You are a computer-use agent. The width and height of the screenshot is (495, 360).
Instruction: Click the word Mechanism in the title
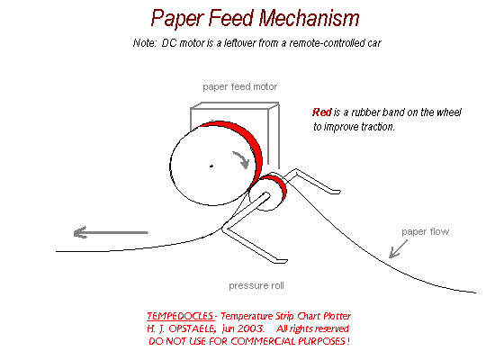(309, 18)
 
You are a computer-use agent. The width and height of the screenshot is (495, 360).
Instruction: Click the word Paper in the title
(177, 19)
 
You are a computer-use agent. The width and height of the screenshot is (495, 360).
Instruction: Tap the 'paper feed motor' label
(240, 86)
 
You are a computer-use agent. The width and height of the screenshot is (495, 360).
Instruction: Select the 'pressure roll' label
(256, 286)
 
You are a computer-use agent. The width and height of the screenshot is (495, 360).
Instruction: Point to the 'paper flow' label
(425, 232)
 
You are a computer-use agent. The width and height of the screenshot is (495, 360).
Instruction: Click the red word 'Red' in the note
(322, 112)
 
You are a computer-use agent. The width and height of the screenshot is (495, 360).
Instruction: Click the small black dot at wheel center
(211, 166)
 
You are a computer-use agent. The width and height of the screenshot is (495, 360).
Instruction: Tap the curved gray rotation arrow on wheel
(242, 160)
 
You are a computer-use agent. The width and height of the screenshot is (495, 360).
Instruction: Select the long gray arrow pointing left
(111, 233)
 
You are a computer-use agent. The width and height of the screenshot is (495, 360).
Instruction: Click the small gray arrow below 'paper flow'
(398, 249)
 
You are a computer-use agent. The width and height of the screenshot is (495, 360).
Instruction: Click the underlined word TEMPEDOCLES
(181, 316)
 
